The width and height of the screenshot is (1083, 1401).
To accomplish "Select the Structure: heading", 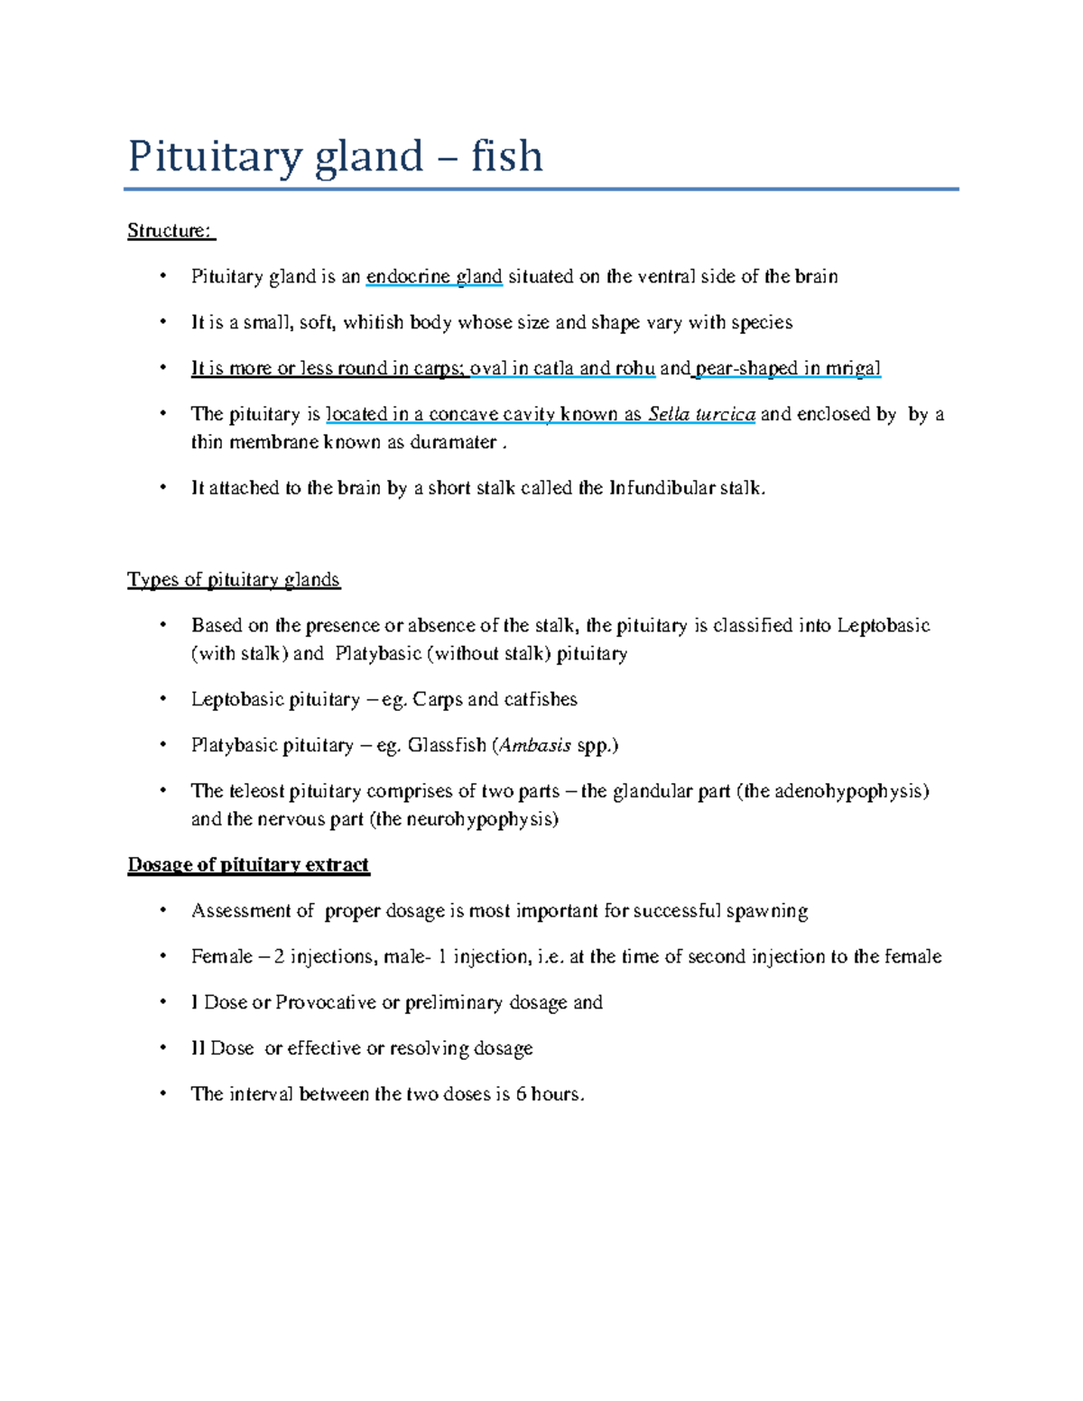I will coord(171,231).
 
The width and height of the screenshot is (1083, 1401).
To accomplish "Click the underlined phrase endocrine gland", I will coord(434,277).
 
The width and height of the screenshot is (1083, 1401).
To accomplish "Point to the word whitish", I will coord(374,323).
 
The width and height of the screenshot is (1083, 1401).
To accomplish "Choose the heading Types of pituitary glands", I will coord(234,580).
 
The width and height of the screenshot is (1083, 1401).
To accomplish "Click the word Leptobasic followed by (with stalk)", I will coord(883,626).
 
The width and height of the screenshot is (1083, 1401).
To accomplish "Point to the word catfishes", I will coord(541,700).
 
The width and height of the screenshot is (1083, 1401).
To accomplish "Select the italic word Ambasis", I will coord(535,746).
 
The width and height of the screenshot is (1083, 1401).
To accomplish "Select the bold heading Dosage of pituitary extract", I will coord(248,865).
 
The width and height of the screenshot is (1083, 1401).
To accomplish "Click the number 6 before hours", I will coord(521,1095).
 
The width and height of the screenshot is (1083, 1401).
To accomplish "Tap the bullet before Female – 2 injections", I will coord(163,956).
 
